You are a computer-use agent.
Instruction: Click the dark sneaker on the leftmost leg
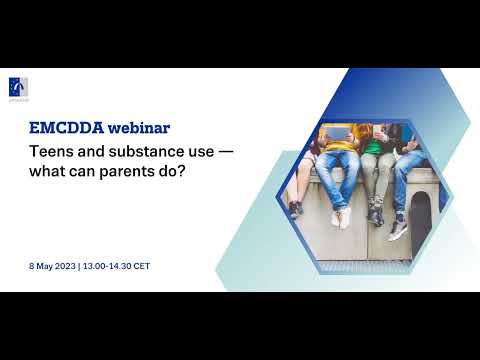tap(295, 209)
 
